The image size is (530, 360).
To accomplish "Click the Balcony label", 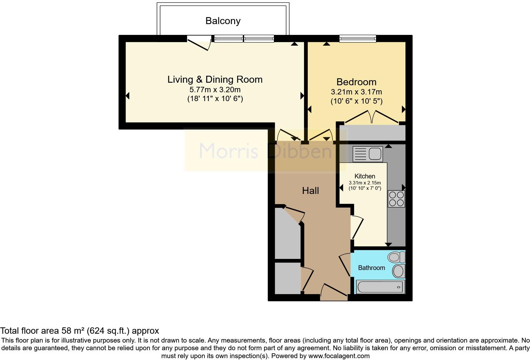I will tap(223, 21).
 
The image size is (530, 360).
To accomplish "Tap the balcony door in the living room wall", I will tap(199, 43).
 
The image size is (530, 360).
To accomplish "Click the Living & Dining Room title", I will tap(215, 79).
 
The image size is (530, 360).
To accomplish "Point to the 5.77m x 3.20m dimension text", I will tap(215, 89).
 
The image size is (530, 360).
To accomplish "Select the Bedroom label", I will tap(356, 82).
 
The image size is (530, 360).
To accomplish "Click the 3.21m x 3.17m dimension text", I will tap(356, 92).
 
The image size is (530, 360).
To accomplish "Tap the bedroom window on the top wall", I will tap(358, 39).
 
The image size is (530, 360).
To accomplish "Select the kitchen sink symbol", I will tap(368, 154).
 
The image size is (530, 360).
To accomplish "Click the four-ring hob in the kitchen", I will tap(396, 199).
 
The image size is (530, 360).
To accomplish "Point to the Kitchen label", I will tap(365, 176).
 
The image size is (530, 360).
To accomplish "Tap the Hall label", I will tap(310, 190).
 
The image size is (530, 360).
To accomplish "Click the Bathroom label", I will tap(371, 268).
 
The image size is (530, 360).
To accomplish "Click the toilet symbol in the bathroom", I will tap(397, 257).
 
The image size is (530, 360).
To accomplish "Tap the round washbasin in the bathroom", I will tap(398, 271).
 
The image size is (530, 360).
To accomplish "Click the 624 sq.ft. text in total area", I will tap(108, 331).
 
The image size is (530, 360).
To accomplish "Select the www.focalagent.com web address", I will tap(339, 356).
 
